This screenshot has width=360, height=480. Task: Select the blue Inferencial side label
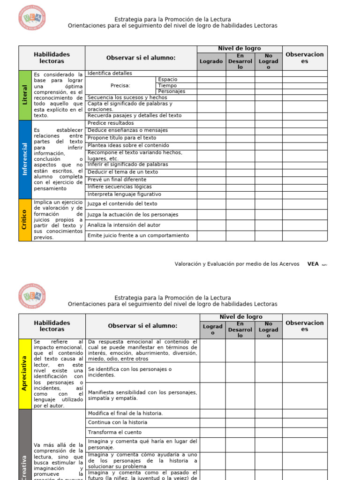click(25, 159)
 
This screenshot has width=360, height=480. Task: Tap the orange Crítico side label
click(25, 220)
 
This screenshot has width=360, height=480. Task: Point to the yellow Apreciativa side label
click(25, 374)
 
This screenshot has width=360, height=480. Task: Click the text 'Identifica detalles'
click(110, 73)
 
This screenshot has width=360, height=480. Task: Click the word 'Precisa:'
click(120, 86)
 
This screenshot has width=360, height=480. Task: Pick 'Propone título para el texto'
click(122, 138)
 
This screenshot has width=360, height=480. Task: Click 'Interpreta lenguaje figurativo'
click(124, 194)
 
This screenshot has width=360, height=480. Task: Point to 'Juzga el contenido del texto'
click(122, 204)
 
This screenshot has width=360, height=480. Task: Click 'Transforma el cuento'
click(114, 432)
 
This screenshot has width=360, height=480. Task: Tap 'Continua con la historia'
click(118, 422)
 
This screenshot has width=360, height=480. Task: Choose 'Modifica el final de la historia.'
click(125, 413)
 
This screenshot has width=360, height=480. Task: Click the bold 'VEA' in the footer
click(313, 264)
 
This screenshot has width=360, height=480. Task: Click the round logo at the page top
click(32, 19)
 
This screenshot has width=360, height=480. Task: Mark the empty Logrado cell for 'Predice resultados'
click(211, 123)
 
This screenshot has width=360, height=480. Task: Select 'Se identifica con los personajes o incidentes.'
click(130, 372)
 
